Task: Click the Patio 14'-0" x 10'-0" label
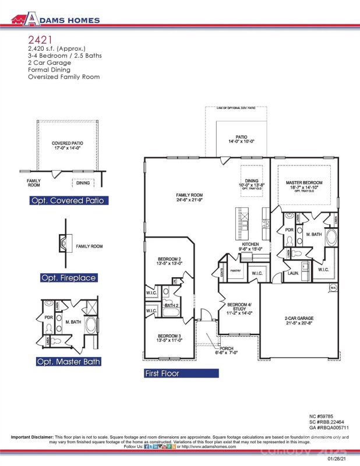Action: click(242, 139)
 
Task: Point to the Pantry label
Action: click(235, 270)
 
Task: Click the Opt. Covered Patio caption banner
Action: click(69, 201)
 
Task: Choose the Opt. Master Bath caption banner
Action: click(69, 361)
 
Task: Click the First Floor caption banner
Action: click(163, 373)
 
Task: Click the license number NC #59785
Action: click(321, 416)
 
